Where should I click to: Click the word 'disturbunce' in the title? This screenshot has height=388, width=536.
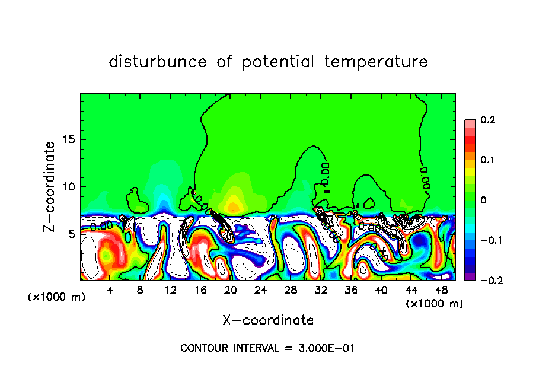point(158,62)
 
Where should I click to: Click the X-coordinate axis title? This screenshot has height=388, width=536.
point(268,320)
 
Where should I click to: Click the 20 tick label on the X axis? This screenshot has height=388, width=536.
point(231,290)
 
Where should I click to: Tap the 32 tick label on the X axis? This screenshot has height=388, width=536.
point(321,290)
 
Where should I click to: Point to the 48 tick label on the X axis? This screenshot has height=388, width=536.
point(441,290)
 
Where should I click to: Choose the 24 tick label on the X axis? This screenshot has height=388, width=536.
point(261,290)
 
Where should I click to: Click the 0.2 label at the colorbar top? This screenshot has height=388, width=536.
point(487,120)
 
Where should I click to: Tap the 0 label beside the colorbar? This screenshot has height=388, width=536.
point(483,201)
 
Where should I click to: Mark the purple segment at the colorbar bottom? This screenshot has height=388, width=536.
point(470,276)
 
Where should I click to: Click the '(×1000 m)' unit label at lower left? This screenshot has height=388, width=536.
point(57,297)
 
